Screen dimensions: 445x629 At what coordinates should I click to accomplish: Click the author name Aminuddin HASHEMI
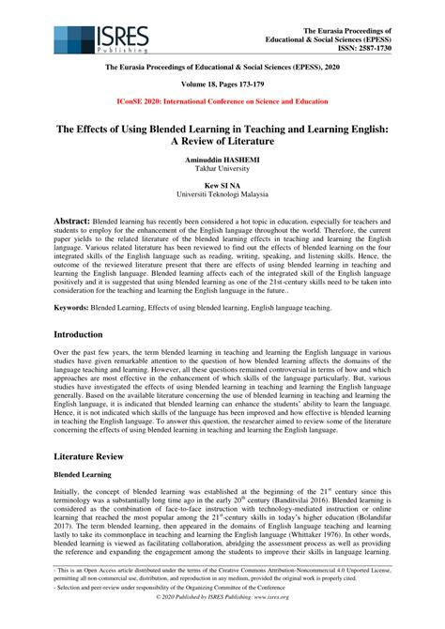click(x=222, y=161)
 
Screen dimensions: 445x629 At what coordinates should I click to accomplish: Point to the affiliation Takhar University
click(x=222, y=172)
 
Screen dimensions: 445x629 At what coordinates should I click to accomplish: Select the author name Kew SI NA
click(x=222, y=187)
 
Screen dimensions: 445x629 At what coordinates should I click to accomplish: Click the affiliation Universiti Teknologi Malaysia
click(x=222, y=197)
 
